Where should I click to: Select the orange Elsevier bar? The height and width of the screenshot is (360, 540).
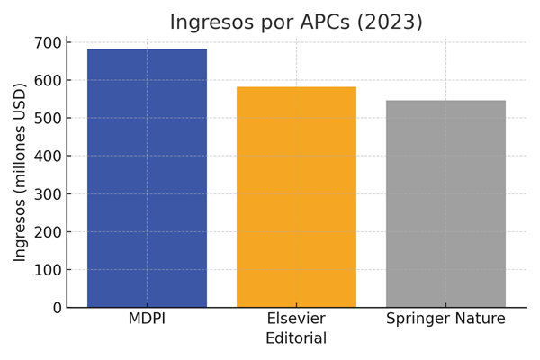296,197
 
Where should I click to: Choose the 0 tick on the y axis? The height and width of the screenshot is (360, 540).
56,307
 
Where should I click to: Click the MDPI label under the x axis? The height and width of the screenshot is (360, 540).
147,319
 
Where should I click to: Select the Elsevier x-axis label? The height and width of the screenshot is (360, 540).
296,319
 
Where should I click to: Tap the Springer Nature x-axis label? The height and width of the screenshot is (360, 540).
445,319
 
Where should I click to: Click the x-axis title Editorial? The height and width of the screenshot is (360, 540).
296,339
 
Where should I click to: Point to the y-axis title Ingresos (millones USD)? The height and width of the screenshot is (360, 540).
21,173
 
